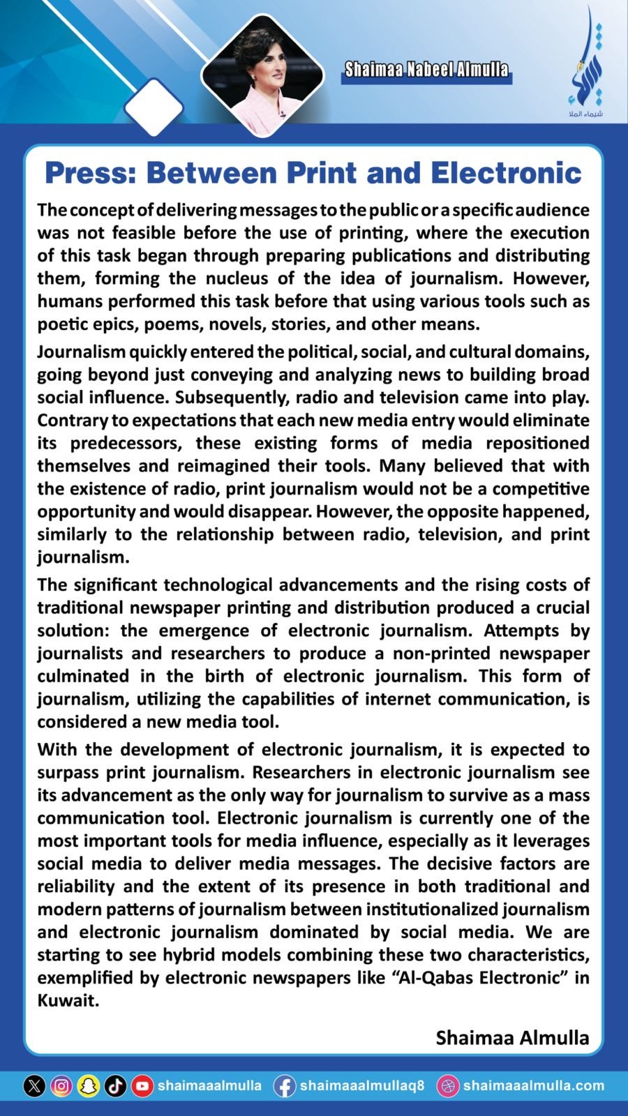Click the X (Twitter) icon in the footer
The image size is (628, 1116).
point(34,1086)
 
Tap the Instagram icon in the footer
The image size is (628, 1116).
point(61,1086)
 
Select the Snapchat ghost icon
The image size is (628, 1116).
point(89,1086)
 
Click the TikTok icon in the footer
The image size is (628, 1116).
point(116,1086)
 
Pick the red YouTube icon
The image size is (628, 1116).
point(142,1086)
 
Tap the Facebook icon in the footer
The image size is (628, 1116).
point(284,1086)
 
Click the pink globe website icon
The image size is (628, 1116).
point(447,1086)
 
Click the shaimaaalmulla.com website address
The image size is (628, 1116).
point(534,1086)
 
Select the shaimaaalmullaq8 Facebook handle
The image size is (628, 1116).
point(362,1086)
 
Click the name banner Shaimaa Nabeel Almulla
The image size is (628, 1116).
point(426,70)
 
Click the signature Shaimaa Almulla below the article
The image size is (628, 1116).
point(512,1038)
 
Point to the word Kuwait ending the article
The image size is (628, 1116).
point(68,1000)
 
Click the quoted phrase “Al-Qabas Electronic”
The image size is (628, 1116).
point(474,977)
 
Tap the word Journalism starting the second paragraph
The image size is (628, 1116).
point(82,352)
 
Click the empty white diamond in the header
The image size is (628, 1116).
point(154,108)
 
